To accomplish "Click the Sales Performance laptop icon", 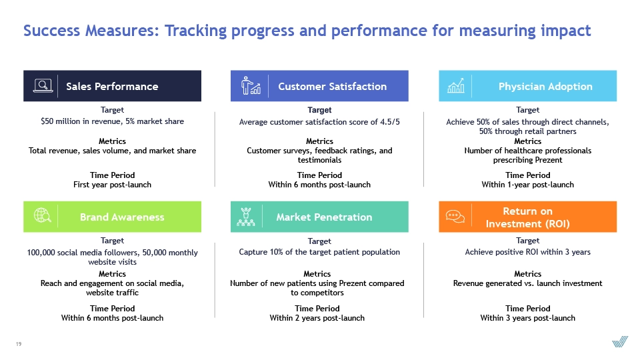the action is (x=43, y=86).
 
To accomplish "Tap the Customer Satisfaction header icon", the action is (x=251, y=86).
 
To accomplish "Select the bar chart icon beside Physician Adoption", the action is (x=456, y=86).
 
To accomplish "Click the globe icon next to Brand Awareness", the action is (x=43, y=215).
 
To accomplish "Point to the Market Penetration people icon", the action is (x=246, y=217).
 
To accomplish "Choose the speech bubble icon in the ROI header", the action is (x=455, y=216).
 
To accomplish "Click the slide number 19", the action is (x=19, y=344).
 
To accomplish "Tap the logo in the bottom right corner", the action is (x=619, y=341).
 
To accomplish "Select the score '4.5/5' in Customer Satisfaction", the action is (x=390, y=121).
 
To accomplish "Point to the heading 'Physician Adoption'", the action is (x=545, y=87).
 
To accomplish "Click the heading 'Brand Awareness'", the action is (x=122, y=217).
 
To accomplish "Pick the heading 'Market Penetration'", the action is (x=324, y=217).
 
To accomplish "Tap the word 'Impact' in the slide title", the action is (x=566, y=31).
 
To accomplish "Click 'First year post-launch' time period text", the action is (x=112, y=185).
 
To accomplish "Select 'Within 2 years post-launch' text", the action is (x=317, y=318).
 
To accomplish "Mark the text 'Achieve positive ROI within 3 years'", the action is (x=528, y=252).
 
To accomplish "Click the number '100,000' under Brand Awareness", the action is (x=41, y=253).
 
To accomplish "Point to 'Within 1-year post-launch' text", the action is (x=528, y=185).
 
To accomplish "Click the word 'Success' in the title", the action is (x=51, y=31).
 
